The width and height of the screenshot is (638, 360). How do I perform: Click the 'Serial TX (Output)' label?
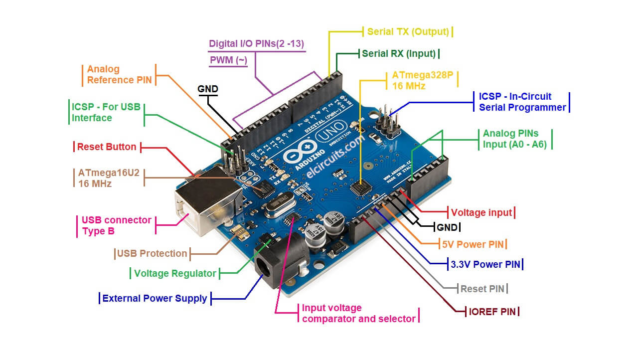pyautogui.click(x=408, y=32)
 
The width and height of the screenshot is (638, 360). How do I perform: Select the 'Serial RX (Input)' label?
pyautogui.click(x=399, y=53)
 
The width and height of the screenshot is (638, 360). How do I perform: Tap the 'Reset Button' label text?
pyautogui.click(x=106, y=147)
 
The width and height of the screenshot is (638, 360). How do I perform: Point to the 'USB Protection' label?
pyautogui.click(x=152, y=253)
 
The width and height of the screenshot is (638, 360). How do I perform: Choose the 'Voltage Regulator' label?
pyautogui.click(x=175, y=273)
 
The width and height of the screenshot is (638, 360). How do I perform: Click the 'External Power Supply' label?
pyautogui.click(x=155, y=299)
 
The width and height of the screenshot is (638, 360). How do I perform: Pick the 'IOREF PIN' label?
pyautogui.click(x=493, y=312)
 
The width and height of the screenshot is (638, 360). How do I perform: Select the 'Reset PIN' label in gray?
pyautogui.click(x=482, y=289)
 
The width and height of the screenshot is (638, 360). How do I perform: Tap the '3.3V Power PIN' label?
pyautogui.click(x=485, y=264)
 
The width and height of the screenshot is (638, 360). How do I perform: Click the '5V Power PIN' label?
pyautogui.click(x=474, y=244)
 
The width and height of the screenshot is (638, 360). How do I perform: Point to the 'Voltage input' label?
pyautogui.click(x=481, y=212)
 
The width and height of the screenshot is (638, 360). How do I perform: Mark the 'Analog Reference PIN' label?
pyautogui.click(x=119, y=74)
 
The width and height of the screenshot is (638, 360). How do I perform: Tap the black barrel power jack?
pyautogui.click(x=279, y=262)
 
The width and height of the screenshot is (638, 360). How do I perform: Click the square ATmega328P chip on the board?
pyautogui.click(x=360, y=188)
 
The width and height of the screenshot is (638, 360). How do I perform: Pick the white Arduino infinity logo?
pyautogui.click(x=301, y=151)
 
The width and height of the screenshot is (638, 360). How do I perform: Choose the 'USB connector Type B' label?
pyautogui.click(x=116, y=225)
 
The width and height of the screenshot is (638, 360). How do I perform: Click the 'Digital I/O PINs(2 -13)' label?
pyautogui.click(x=256, y=43)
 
